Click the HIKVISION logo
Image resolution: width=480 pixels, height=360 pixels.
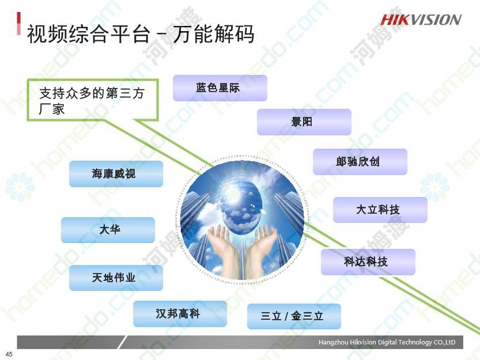coord(421,20)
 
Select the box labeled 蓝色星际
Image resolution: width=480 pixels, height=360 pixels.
coord(220,88)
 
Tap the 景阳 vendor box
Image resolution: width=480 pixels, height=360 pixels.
coord(304,122)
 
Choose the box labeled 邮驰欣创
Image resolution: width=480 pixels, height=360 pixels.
coord(360,162)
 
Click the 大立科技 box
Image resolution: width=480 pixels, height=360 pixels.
coord(380,210)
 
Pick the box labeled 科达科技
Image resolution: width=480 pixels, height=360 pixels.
coord(368,262)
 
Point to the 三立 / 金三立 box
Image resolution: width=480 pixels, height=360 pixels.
coord(294,316)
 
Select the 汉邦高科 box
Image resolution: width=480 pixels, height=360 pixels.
coord(180,314)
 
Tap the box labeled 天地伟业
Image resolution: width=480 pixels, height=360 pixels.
coord(116,278)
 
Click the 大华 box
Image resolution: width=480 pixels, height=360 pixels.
coord(108,230)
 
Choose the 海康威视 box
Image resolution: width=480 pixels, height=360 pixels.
coord(116,174)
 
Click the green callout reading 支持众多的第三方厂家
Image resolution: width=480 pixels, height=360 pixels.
coord(93,100)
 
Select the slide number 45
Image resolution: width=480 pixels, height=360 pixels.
coord(9,354)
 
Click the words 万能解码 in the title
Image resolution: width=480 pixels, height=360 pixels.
coord(213,33)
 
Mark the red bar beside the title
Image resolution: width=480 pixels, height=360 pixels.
coord(19,24)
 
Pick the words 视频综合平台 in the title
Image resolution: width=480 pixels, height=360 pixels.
coord(89,33)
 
